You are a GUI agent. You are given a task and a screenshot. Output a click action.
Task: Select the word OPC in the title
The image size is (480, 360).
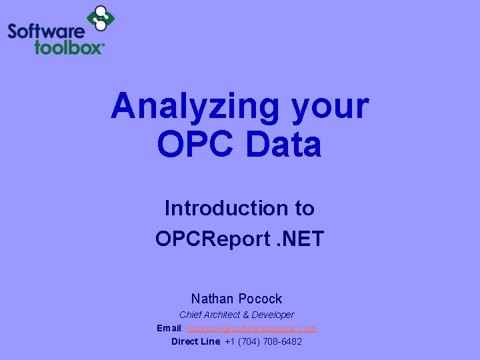(x=194, y=144)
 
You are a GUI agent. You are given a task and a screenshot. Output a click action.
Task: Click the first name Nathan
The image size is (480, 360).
(x=213, y=299)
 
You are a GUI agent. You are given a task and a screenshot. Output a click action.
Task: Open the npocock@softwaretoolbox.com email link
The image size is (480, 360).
(x=252, y=328)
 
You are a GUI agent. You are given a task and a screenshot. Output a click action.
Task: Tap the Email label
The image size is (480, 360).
(x=170, y=328)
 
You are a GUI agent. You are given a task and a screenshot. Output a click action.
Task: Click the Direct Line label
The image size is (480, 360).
(x=195, y=341)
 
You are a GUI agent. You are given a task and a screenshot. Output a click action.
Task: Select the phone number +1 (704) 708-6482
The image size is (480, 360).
(x=263, y=341)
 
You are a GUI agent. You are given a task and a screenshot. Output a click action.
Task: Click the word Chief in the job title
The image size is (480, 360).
(x=190, y=315)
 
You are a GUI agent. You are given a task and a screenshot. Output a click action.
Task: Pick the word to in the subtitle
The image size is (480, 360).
(x=303, y=208)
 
